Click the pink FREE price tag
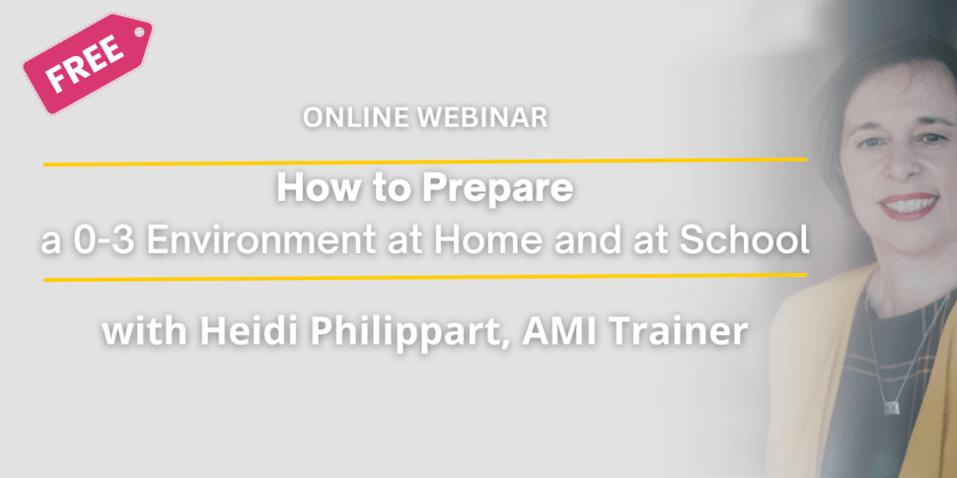click(87, 63)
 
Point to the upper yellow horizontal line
click(425, 163)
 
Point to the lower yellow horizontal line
click(425, 277)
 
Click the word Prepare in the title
click(498, 189)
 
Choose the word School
click(744, 242)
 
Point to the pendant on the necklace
click(892, 406)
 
